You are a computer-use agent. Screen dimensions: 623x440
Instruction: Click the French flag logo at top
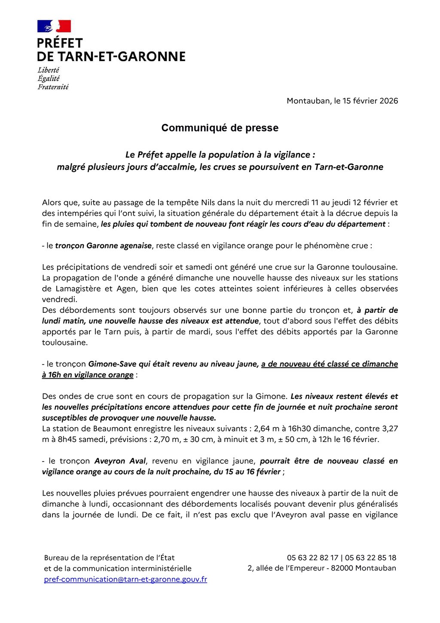point(54,26)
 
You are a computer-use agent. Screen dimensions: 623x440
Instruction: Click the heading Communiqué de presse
point(220,128)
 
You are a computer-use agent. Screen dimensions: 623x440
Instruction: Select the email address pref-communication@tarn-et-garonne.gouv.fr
point(125,579)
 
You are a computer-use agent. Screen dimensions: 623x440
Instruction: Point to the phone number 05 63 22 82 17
point(312,558)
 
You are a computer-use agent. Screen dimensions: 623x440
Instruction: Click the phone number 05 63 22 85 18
point(370,558)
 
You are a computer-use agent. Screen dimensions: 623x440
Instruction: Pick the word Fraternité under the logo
point(53,87)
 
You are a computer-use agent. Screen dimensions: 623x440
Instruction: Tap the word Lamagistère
point(76,289)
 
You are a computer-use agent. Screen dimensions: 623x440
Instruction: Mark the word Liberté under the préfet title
point(48,70)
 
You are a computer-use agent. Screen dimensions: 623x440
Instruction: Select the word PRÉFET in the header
point(60,43)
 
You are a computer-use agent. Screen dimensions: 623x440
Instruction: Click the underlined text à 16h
point(51,375)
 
